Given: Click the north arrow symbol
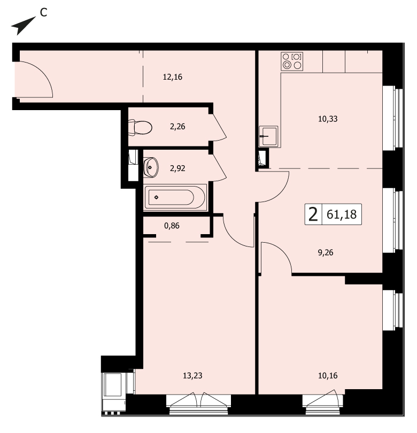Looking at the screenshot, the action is click(x=22, y=26).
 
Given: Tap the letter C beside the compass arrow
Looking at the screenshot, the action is click(x=44, y=12).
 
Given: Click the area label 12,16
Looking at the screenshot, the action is click(x=173, y=77).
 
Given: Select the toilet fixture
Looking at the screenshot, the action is click(x=140, y=128).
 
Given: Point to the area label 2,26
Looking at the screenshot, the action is click(x=177, y=127).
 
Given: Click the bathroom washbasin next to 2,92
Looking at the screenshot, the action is click(x=151, y=167).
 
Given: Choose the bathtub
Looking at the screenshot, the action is click(x=175, y=197).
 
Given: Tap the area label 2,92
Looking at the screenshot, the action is click(x=177, y=168).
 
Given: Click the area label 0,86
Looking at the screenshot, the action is click(x=172, y=226).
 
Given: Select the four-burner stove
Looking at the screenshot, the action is click(x=292, y=61).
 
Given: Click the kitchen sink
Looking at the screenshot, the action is click(x=268, y=136).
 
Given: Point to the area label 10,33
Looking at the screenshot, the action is click(x=328, y=119).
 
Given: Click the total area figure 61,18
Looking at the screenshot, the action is click(x=342, y=214).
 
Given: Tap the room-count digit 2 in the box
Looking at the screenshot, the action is click(x=313, y=214).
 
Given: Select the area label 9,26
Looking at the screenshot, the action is click(x=326, y=253).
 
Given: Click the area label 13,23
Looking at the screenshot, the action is click(x=193, y=376).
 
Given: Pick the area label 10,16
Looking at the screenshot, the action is click(x=328, y=376).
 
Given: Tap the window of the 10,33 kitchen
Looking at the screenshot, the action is click(x=393, y=118).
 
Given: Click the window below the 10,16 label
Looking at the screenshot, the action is click(x=323, y=405).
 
